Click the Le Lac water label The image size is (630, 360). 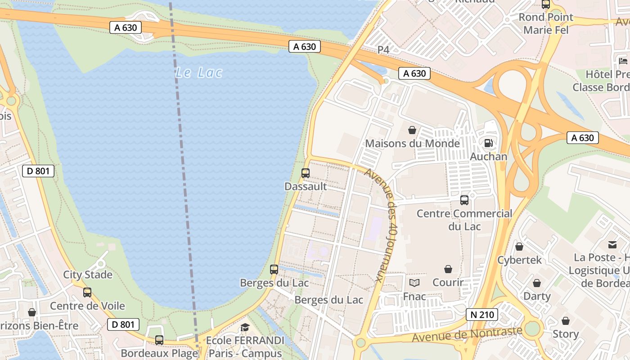click(199, 72)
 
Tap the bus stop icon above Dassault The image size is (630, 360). click(305, 173)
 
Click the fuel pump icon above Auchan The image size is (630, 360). click(488, 144)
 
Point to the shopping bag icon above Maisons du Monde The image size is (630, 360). click(412, 130)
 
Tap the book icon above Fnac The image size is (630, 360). click(414, 283)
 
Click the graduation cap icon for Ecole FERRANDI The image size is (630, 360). click(245, 328)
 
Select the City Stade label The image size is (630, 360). click(88, 274)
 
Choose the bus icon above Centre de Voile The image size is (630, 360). click(87, 292)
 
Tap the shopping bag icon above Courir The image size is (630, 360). click(448, 269)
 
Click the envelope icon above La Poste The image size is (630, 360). click(612, 244)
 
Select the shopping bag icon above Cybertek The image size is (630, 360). click(519, 247)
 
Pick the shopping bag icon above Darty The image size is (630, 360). click(537, 283)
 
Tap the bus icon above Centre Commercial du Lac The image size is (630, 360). click(464, 200)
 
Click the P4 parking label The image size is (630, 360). click(383, 50)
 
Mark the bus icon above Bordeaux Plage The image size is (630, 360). click(159, 340)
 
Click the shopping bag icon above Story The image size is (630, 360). click(566, 321)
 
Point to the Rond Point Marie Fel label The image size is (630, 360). click(546, 23)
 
